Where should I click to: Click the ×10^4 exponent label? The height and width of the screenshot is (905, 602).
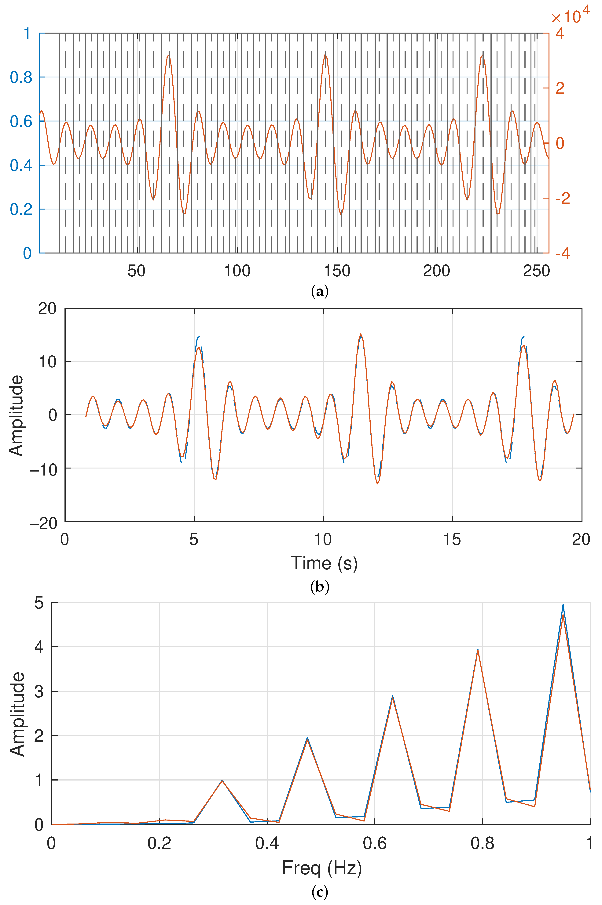(x=570, y=15)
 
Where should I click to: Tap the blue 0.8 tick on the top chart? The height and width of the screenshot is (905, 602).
(x=21, y=77)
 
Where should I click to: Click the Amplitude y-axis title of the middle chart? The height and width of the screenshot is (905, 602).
(x=16, y=415)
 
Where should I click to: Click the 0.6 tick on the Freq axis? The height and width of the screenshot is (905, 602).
(x=375, y=843)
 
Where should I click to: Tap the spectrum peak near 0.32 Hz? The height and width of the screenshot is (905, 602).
(x=222, y=780)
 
